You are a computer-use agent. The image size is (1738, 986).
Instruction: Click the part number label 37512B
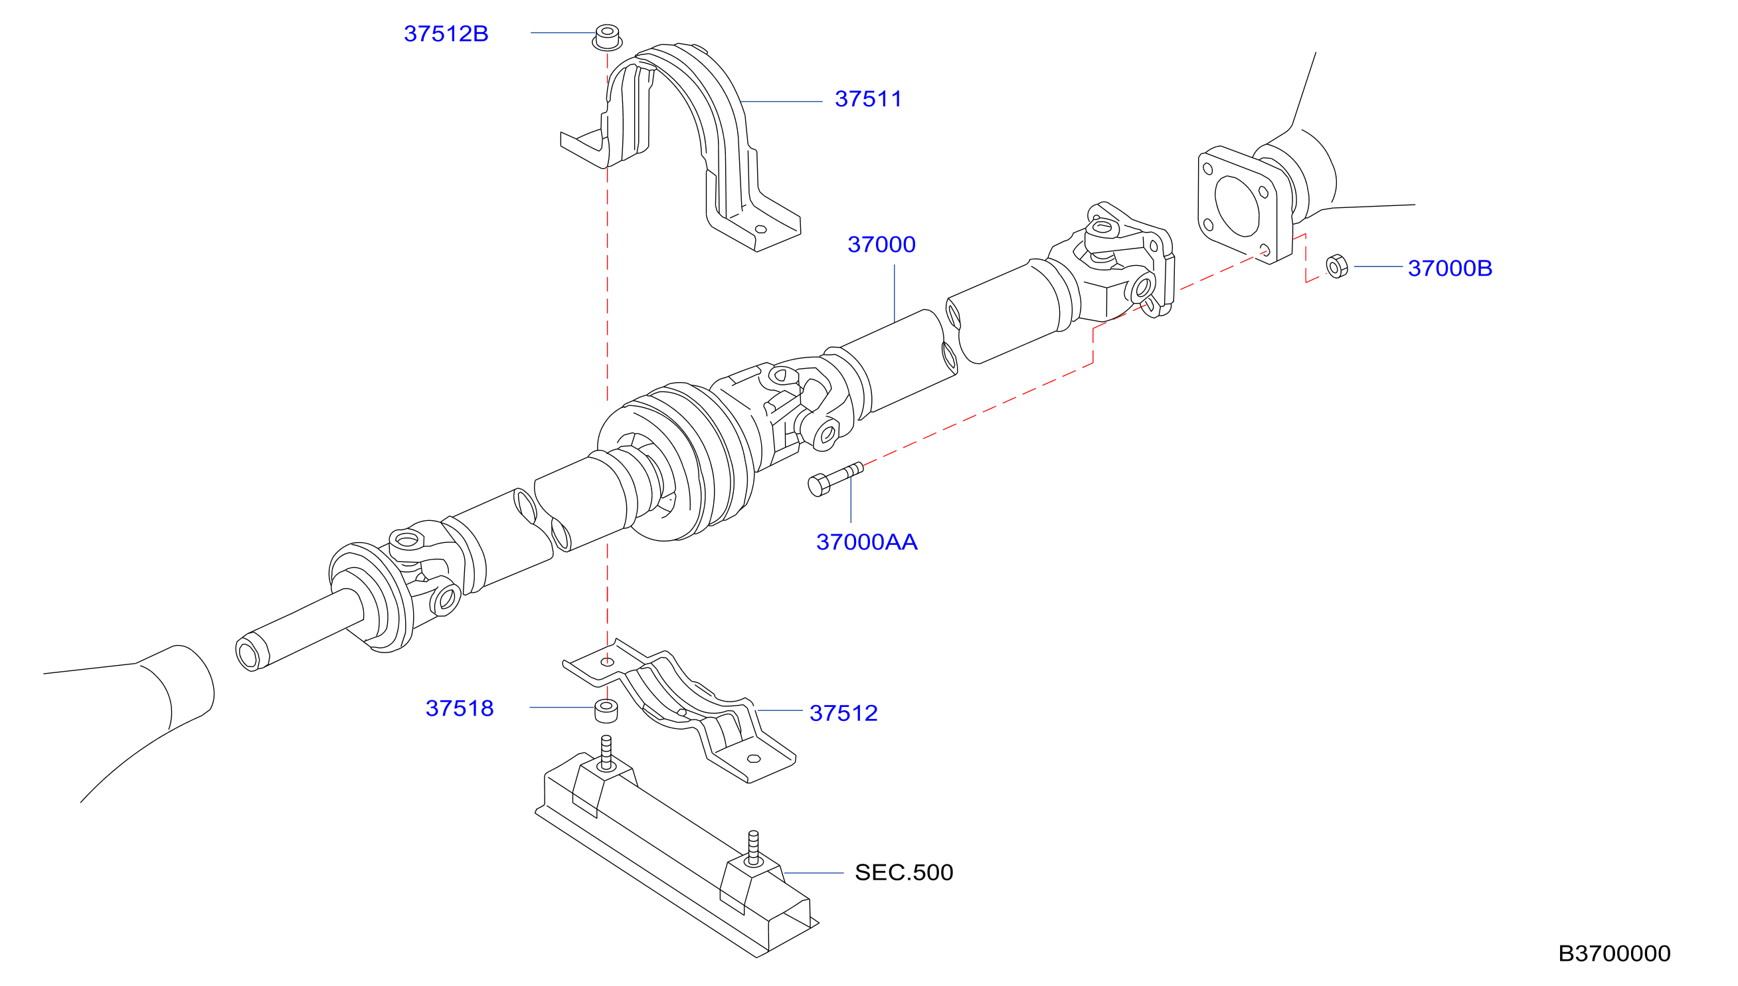[446, 34]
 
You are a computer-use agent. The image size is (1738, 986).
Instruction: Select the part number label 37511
[868, 99]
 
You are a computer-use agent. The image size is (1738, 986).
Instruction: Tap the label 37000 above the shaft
[881, 245]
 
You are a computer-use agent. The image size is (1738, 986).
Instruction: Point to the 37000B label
[1450, 268]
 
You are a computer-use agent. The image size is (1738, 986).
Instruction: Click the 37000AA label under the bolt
[866, 542]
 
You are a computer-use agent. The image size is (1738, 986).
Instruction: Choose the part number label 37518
[460, 708]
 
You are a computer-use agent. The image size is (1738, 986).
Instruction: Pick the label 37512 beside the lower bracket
[843, 713]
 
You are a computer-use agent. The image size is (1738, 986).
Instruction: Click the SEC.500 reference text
[903, 872]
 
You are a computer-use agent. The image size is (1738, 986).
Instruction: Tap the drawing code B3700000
[1614, 953]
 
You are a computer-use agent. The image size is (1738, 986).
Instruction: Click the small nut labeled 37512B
[607, 37]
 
